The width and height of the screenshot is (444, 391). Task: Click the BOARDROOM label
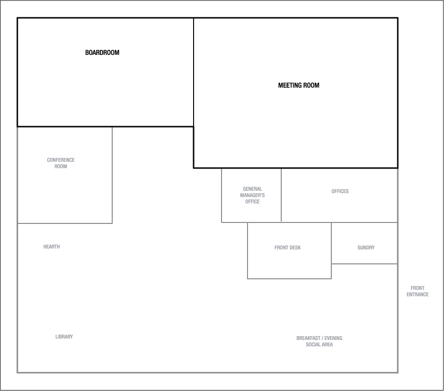pyautogui.click(x=102, y=52)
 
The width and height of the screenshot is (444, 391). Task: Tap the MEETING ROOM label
pyautogui.click(x=299, y=85)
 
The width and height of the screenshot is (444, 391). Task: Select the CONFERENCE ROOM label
pyautogui.click(x=61, y=163)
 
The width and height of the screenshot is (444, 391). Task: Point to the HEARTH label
pyautogui.click(x=52, y=247)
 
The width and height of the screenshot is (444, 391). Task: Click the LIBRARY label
pyautogui.click(x=64, y=337)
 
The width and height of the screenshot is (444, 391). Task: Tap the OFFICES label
pyautogui.click(x=340, y=191)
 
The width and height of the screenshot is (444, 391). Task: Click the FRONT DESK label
pyautogui.click(x=287, y=248)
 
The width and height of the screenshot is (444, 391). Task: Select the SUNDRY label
pyautogui.click(x=366, y=248)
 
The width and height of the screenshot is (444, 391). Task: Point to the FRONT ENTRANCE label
pyautogui.click(x=418, y=291)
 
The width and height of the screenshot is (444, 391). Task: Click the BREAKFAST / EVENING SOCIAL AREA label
pyautogui.click(x=319, y=341)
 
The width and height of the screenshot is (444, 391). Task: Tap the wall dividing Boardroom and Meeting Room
pyautogui.click(x=194, y=72)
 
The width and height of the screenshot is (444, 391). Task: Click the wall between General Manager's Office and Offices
pyautogui.click(x=281, y=195)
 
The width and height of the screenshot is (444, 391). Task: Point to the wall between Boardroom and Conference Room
pyautogui.click(x=65, y=127)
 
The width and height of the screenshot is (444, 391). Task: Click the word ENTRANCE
pyautogui.click(x=418, y=294)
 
